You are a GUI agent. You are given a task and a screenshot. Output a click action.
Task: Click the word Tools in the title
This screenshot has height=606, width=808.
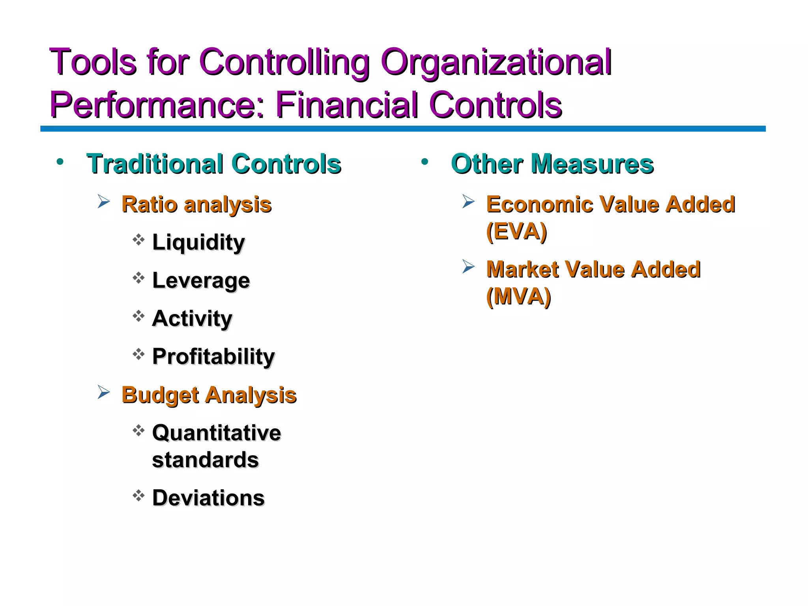click(92, 62)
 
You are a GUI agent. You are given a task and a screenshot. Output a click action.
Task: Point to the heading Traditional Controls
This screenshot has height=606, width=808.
click(213, 164)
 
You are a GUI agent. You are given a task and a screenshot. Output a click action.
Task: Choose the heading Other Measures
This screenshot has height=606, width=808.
click(552, 164)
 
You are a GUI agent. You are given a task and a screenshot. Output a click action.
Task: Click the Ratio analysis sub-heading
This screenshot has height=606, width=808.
click(196, 204)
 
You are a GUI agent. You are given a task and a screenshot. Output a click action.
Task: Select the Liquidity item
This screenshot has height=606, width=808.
click(198, 242)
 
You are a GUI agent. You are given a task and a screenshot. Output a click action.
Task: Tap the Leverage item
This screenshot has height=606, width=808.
click(201, 281)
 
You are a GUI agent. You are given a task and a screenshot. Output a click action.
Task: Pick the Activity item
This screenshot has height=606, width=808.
click(192, 318)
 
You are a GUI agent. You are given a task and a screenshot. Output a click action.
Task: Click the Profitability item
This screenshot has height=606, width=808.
click(213, 357)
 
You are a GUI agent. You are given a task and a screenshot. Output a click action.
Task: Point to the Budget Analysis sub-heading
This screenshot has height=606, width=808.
click(209, 395)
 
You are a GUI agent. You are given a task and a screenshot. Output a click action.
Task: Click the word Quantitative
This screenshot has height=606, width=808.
click(217, 433)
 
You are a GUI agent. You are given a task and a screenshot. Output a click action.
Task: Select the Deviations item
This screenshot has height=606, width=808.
click(208, 498)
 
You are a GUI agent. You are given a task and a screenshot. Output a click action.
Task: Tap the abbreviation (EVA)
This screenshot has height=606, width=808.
click(516, 232)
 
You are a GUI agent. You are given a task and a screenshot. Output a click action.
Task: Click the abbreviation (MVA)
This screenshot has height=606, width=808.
click(518, 297)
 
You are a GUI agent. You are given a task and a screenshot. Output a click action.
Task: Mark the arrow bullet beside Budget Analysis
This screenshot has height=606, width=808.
click(103, 392)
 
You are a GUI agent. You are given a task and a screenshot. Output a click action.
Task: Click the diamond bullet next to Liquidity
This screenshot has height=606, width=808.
click(138, 239)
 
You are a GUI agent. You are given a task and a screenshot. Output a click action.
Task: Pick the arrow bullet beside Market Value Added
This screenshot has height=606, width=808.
click(468, 267)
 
